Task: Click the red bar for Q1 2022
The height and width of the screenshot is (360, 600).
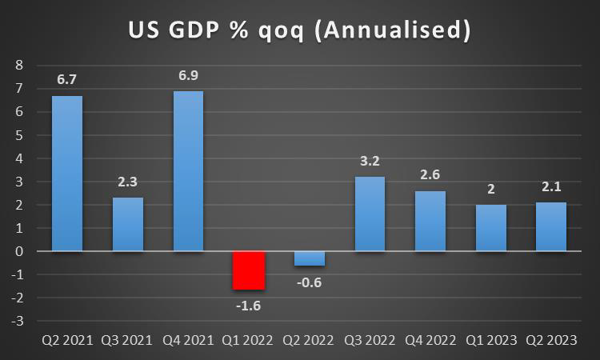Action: tap(249, 270)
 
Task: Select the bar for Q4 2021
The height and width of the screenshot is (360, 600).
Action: tap(189, 171)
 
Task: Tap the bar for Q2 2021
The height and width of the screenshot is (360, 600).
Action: tap(67, 174)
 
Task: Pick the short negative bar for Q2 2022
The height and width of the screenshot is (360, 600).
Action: tap(309, 258)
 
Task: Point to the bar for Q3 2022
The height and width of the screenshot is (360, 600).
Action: tap(370, 214)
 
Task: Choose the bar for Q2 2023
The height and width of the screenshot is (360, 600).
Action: tap(550, 226)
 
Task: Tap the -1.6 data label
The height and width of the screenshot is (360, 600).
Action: tap(248, 304)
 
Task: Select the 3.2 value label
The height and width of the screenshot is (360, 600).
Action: tap(370, 162)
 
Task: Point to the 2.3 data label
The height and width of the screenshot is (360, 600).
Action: tap(128, 182)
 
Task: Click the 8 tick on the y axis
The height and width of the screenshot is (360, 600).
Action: tap(21, 66)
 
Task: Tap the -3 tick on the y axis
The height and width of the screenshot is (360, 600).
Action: tap(18, 321)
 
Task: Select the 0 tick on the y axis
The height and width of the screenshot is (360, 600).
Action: tap(21, 251)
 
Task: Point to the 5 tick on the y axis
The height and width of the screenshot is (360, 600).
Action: tap(21, 135)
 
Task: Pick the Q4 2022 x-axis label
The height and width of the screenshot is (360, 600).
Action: tap(430, 339)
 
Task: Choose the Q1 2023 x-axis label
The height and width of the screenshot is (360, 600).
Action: tap(490, 339)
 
